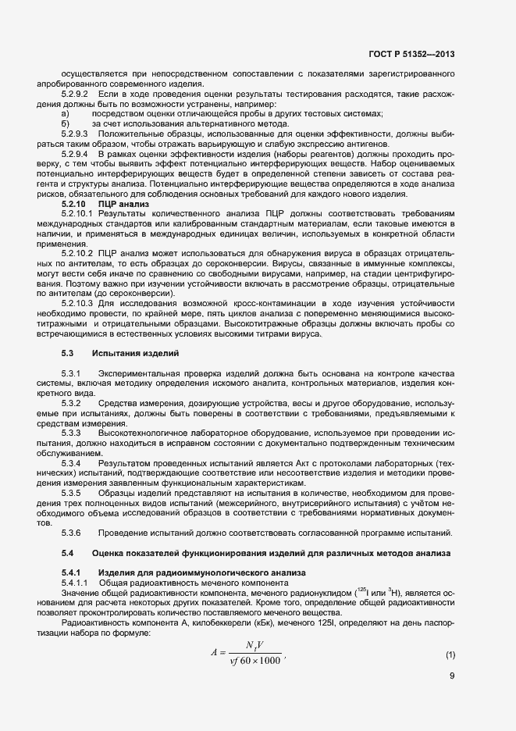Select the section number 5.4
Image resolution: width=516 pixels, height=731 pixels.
pos(67,552)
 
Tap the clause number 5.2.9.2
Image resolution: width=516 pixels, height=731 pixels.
pos(76,94)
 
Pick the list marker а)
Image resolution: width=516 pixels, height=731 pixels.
pos(65,113)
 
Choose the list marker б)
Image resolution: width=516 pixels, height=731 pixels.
pos(65,123)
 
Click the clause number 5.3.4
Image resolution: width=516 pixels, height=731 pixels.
pos(72,463)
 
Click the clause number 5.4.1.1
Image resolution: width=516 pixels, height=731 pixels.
pos(74,583)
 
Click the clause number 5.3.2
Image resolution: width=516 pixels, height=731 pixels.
pos(72,403)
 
